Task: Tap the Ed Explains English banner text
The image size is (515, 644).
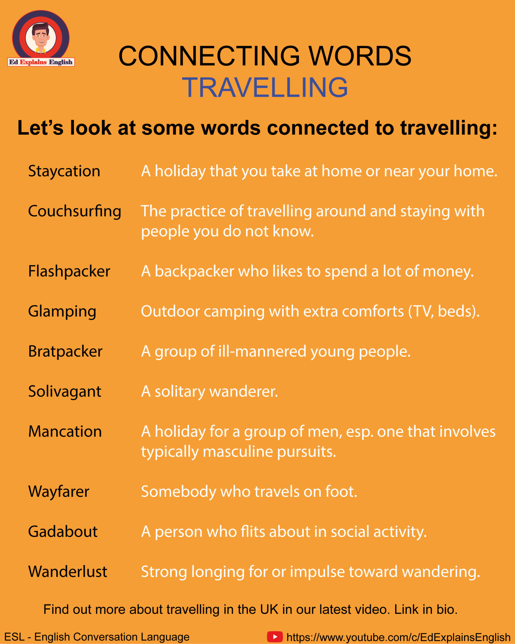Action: click(x=41, y=62)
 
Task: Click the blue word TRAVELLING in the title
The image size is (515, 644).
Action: click(x=265, y=87)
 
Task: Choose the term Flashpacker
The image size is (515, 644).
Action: click(x=69, y=271)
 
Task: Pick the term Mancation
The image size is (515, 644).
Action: click(x=65, y=432)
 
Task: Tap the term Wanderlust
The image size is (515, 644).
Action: click(x=68, y=572)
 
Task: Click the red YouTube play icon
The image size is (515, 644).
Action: click(x=275, y=636)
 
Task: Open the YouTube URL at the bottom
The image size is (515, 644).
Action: click(x=398, y=637)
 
